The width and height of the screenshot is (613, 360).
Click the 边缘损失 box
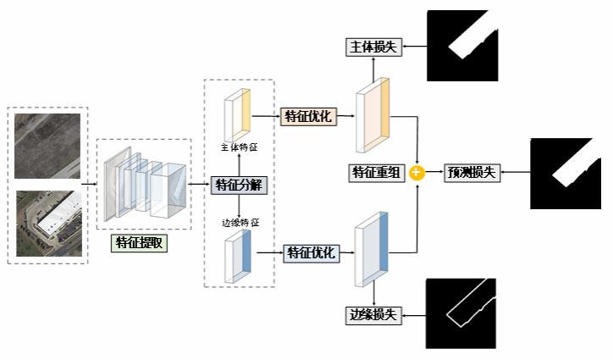pos(373,315)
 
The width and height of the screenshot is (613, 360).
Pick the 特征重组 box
pos(376,173)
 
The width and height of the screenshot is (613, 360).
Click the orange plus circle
pos(417,173)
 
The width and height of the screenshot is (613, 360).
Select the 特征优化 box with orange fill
pos(309,116)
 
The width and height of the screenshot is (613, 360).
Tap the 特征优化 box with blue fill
pos(312,252)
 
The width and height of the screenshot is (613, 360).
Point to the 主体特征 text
pos(240,147)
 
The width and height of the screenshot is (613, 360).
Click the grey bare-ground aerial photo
pos(47,145)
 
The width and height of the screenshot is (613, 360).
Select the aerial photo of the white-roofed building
pos(47,222)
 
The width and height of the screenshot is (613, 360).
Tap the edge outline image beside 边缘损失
pos(457,313)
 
